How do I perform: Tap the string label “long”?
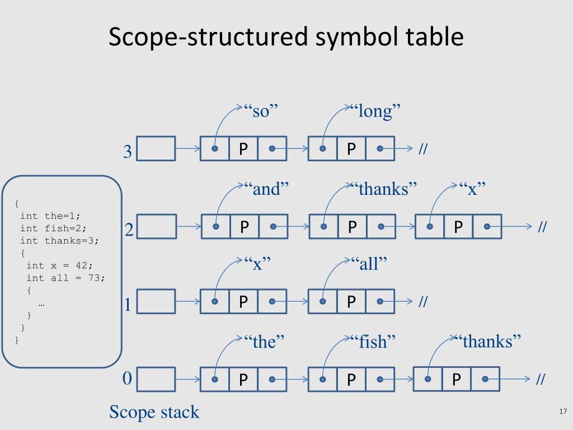375,111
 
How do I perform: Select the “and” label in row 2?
266,189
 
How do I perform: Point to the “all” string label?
369,263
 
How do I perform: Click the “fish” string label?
373,341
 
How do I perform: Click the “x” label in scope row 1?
257,263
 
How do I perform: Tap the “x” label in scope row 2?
472,189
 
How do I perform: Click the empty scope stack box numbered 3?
156,149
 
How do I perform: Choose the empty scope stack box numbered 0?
156,379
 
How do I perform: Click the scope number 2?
129,230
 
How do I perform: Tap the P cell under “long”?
351,149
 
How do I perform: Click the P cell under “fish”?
351,380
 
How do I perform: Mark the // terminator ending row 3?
423,149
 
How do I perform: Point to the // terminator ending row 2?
542,227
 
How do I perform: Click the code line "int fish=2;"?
54,228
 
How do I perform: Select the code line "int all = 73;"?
65,278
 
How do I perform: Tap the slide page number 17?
563,412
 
